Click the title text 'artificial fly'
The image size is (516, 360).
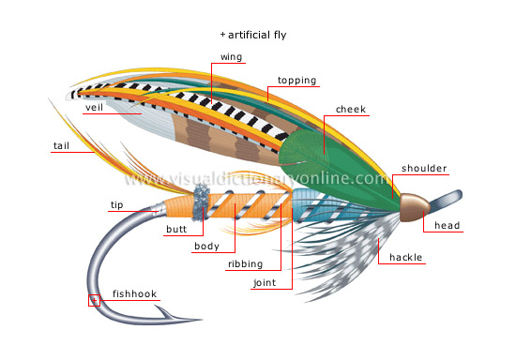pyautogui.click(x=256, y=35)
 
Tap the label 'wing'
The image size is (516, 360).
pyautogui.click(x=231, y=57)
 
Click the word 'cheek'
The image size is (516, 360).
pyautogui.click(x=351, y=110)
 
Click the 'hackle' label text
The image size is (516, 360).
pyautogui.click(x=406, y=256)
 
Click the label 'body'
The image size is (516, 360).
pyautogui.click(x=205, y=247)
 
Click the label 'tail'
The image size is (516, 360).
pyautogui.click(x=61, y=145)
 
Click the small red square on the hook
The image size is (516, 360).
pyautogui.click(x=93, y=301)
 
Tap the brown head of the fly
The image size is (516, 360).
pyautogui.click(x=414, y=208)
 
